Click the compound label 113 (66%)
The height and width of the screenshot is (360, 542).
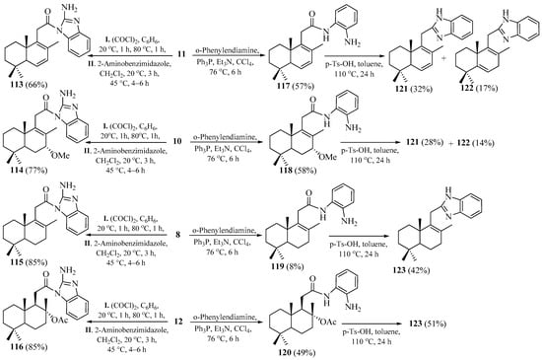(x=29, y=89)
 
